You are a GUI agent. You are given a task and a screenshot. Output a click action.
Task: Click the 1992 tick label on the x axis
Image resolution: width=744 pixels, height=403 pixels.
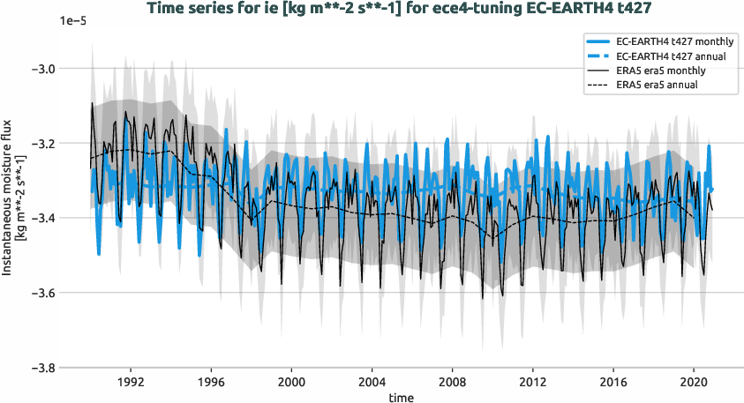click(131, 384)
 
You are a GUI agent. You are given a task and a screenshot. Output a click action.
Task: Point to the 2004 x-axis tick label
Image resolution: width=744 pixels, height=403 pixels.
click(372, 384)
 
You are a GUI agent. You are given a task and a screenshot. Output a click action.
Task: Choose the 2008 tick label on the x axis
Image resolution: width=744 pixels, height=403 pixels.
click(452, 384)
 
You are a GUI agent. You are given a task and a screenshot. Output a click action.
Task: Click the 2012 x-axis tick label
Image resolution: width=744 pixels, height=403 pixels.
click(532, 384)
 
